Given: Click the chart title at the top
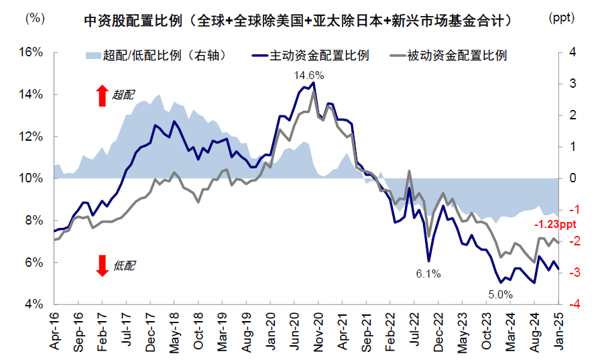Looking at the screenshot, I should click(299, 21).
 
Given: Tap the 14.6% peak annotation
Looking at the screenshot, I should click(308, 76).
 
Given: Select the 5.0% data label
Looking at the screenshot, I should click(500, 294).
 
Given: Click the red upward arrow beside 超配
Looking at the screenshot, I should click(102, 95).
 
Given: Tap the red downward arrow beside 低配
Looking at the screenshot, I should click(102, 265).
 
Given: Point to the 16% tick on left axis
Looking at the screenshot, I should click(30, 52).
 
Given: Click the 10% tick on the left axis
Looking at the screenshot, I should click(30, 178).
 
